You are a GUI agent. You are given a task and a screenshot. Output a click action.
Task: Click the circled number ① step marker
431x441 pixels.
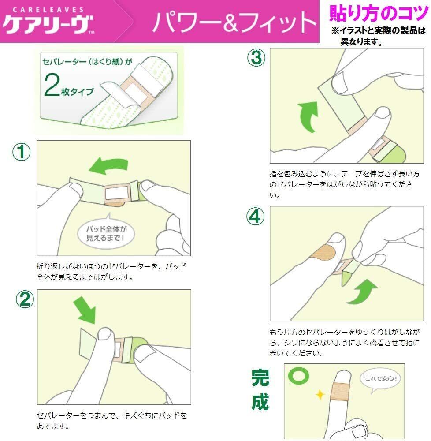point(21,152)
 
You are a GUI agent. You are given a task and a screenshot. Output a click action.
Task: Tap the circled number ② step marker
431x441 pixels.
point(25,299)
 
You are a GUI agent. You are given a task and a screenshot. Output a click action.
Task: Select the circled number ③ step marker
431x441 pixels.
point(256,57)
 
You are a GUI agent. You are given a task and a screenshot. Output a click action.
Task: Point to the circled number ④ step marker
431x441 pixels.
point(256,216)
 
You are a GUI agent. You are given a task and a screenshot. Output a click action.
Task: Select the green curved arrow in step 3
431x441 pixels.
point(308,116)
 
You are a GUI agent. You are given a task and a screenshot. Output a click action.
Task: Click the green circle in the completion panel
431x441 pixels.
point(298,376)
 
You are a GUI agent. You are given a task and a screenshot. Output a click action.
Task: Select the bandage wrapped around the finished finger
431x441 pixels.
point(341,391)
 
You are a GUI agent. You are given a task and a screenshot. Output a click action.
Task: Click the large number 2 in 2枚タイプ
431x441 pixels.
point(52,85)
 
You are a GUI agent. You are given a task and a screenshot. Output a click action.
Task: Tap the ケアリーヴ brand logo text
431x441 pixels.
point(48,24)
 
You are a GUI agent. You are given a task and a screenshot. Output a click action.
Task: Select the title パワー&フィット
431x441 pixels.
point(234,22)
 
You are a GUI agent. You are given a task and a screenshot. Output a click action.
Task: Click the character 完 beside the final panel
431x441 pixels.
point(260,378)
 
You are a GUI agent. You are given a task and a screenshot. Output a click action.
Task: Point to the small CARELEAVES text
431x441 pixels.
point(48,10)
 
